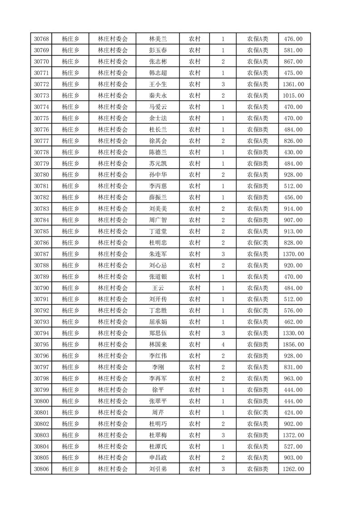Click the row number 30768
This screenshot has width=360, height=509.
pos(41,39)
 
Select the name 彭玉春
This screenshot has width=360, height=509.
pos(158,50)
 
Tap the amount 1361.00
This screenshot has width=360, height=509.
pos(293,84)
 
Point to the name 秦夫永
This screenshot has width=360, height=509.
pos(158,96)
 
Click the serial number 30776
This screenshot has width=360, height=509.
pos(41,130)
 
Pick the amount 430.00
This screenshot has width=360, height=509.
pos(293,152)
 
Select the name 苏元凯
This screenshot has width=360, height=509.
pos(158,164)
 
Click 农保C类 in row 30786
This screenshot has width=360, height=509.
pos(257,243)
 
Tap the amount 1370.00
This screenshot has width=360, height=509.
pos(293,254)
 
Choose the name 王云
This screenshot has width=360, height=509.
pos(158,288)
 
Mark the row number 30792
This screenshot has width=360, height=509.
pos(41,311)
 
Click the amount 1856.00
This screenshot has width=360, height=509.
pos(293,345)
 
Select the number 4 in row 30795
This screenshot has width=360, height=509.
pos(223,345)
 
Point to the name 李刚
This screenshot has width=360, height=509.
pos(158,367)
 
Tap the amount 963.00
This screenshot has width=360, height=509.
pos(293,379)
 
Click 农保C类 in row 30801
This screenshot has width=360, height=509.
pos(257,412)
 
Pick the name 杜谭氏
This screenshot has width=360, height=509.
pos(158,446)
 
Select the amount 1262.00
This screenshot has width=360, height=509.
pos(293,469)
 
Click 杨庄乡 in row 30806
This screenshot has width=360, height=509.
pos(70,469)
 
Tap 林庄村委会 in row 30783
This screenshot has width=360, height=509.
pos(113,209)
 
